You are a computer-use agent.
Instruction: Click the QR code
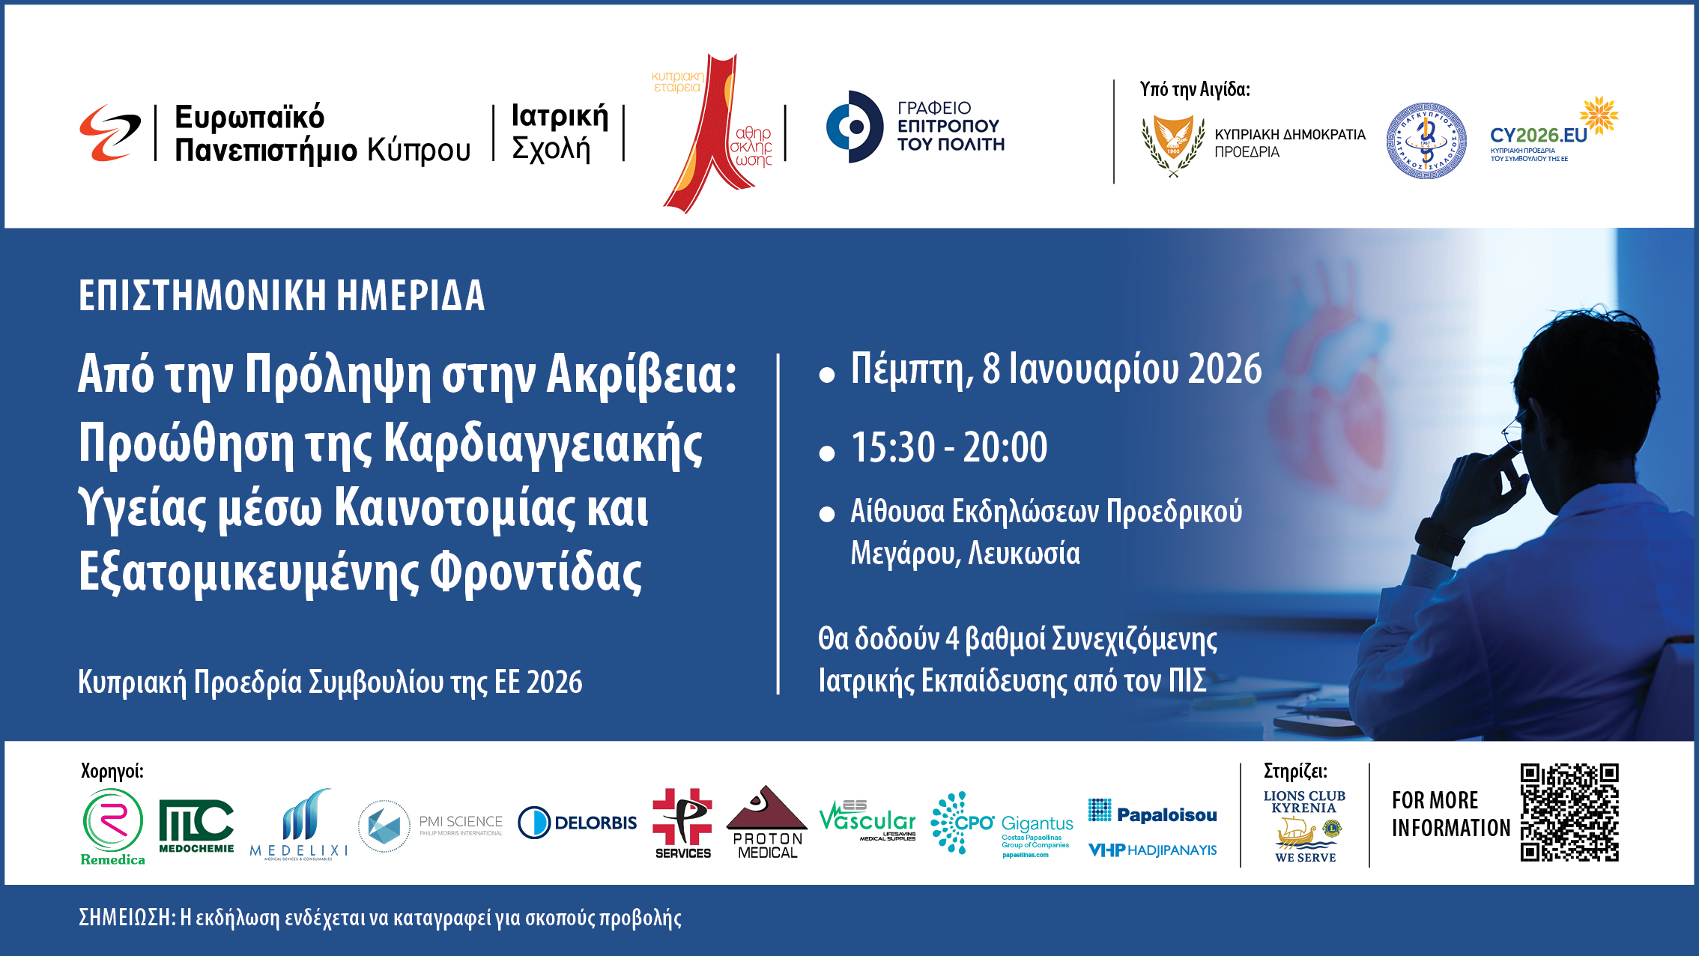1569,813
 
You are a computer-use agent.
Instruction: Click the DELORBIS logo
578,823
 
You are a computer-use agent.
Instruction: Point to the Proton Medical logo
766,823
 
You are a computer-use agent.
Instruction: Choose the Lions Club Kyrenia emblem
1304,826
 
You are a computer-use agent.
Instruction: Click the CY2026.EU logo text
1538,136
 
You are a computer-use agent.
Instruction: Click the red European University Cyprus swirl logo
110,133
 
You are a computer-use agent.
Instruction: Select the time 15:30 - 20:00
948,447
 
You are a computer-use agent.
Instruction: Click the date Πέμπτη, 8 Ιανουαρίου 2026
1056,369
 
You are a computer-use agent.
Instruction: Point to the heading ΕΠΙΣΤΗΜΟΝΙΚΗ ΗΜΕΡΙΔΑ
282,295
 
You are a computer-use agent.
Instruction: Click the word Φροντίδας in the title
536,572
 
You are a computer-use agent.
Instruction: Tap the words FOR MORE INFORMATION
1450,814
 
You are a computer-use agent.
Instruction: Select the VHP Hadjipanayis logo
1152,850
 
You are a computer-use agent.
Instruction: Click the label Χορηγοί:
112,770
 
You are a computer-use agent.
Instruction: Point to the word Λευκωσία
1023,554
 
